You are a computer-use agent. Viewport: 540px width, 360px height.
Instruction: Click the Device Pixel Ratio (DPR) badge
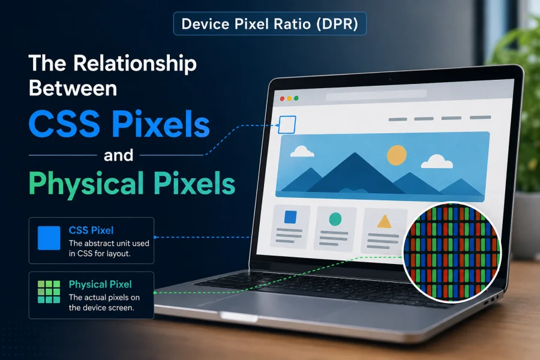(269, 24)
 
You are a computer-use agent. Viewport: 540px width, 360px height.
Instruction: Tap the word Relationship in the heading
(134, 64)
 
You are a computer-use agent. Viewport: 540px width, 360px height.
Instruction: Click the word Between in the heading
(73, 88)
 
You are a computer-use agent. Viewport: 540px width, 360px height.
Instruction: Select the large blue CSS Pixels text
(119, 124)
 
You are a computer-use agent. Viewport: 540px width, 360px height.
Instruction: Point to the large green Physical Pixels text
(132, 183)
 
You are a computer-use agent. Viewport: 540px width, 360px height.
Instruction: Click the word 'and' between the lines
(118, 155)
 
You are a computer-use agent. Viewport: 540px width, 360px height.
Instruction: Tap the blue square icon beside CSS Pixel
(49, 238)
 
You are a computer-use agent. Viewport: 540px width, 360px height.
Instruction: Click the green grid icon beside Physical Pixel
(49, 292)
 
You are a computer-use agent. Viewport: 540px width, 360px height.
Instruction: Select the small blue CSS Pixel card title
(91, 230)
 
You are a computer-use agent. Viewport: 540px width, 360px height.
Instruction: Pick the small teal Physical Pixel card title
(100, 284)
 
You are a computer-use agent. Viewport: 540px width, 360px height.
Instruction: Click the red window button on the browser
(282, 99)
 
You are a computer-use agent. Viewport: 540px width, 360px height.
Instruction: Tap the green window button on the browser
(296, 98)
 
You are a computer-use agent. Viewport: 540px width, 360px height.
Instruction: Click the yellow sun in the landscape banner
(397, 155)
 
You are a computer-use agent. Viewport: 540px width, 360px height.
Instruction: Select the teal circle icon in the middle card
(335, 219)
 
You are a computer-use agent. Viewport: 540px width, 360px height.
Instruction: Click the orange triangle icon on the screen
(384, 222)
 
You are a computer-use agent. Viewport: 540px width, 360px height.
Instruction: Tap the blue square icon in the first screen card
(290, 217)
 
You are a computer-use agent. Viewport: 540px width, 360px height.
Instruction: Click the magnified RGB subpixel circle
(452, 252)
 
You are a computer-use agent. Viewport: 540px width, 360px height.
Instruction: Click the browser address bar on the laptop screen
(376, 95)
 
